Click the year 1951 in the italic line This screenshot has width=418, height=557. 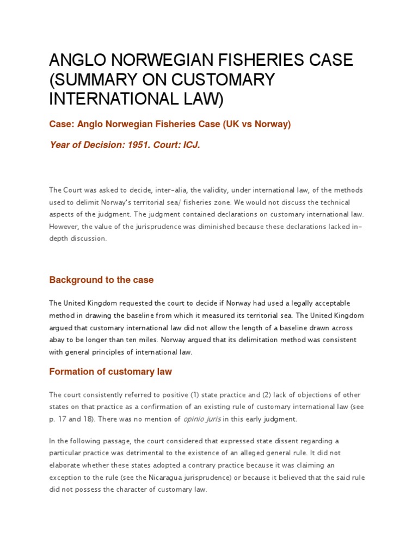click(x=137, y=145)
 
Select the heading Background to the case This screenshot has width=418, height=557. click(x=101, y=280)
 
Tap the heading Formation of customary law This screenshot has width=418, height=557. click(x=110, y=372)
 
